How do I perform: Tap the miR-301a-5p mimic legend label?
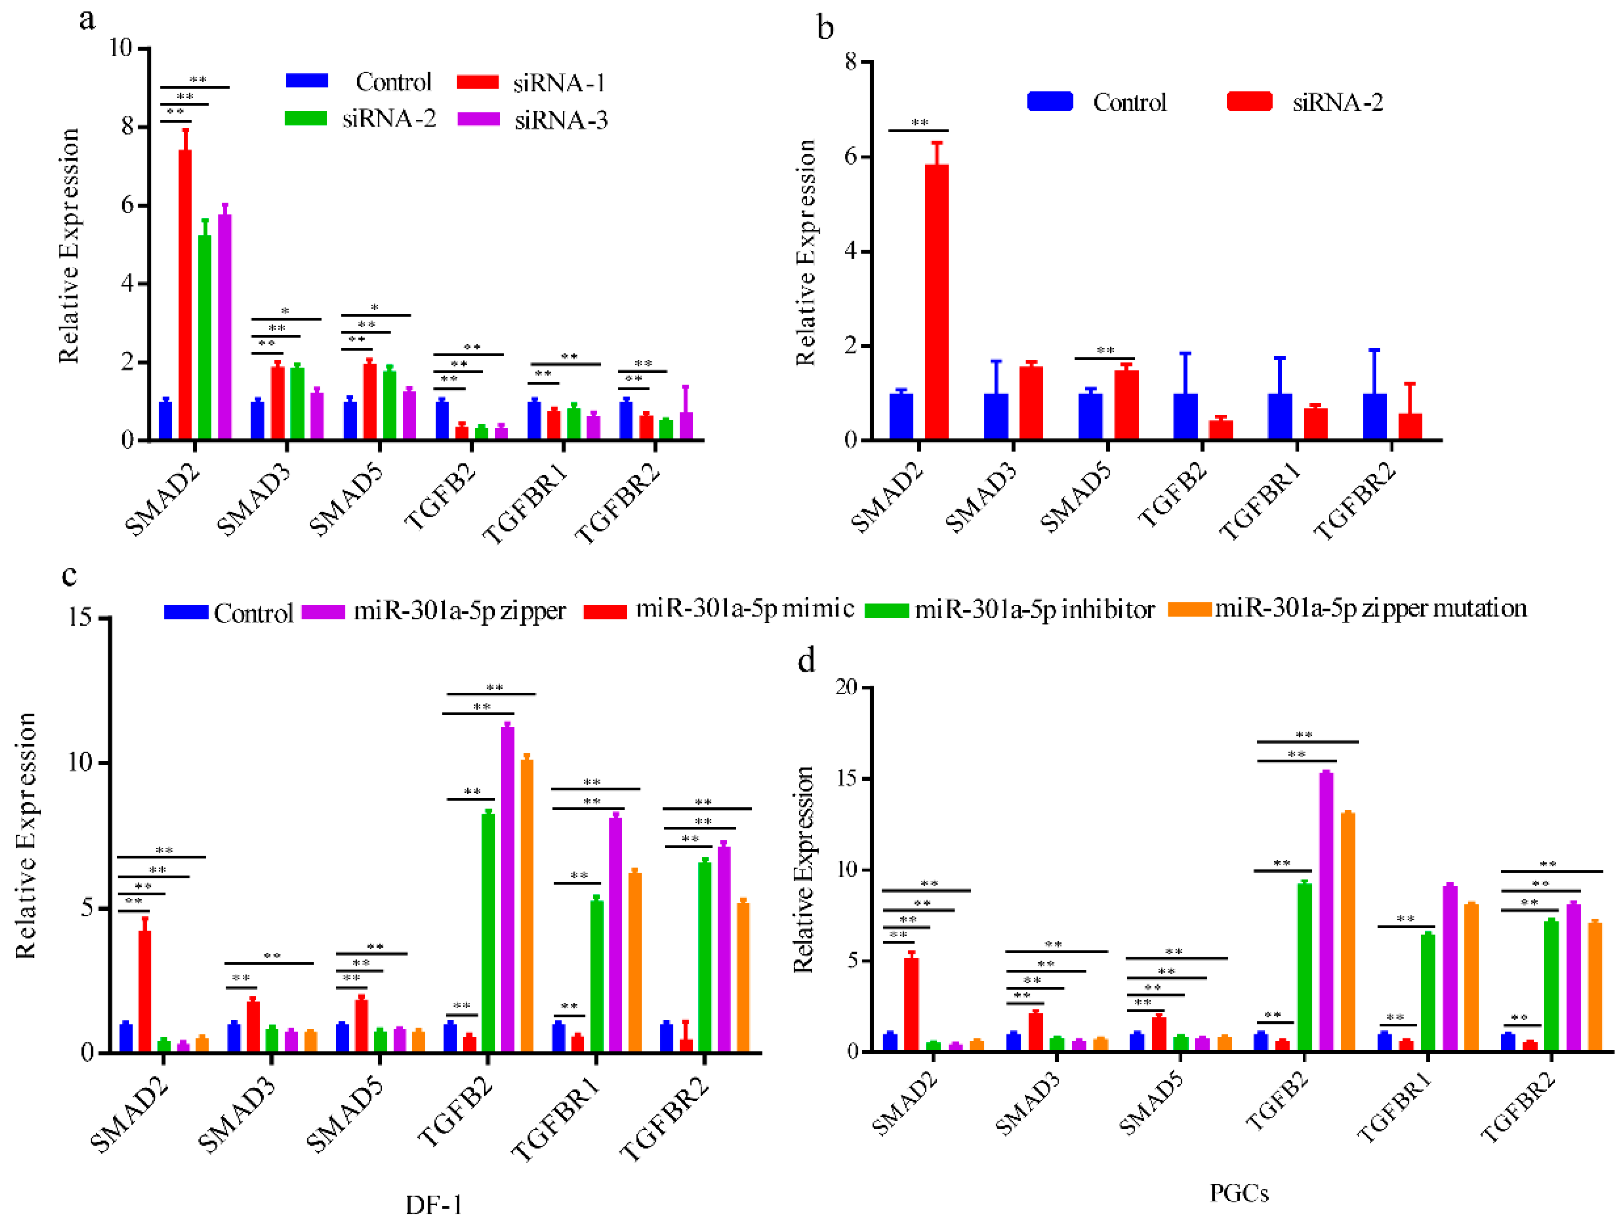744,609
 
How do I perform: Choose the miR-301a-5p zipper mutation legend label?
1371,609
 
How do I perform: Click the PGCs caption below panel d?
1238,1193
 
